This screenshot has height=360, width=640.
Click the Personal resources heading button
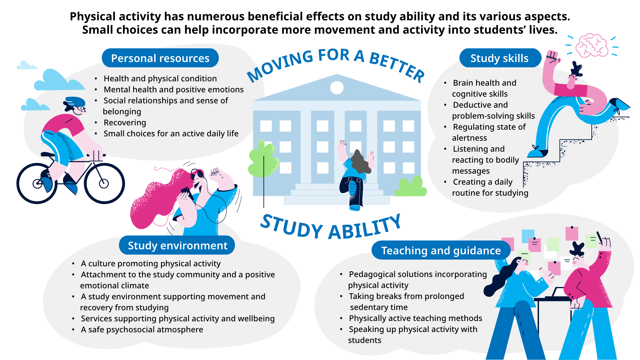click(160, 58)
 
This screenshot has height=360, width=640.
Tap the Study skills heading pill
click(499, 58)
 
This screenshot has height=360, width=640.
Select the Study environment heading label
click(177, 245)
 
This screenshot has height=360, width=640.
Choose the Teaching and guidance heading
click(441, 250)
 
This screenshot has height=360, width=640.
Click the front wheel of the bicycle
click(104, 183)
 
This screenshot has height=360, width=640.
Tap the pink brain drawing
click(593, 45)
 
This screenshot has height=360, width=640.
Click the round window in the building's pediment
click(337, 88)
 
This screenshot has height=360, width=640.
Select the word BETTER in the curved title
click(397, 67)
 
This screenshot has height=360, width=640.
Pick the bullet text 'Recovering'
click(125, 123)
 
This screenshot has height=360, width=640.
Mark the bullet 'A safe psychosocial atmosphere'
click(142, 330)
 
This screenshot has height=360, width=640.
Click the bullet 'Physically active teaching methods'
click(415, 318)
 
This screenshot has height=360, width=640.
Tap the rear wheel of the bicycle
click(37, 183)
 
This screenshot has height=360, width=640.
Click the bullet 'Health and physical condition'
click(160, 79)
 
